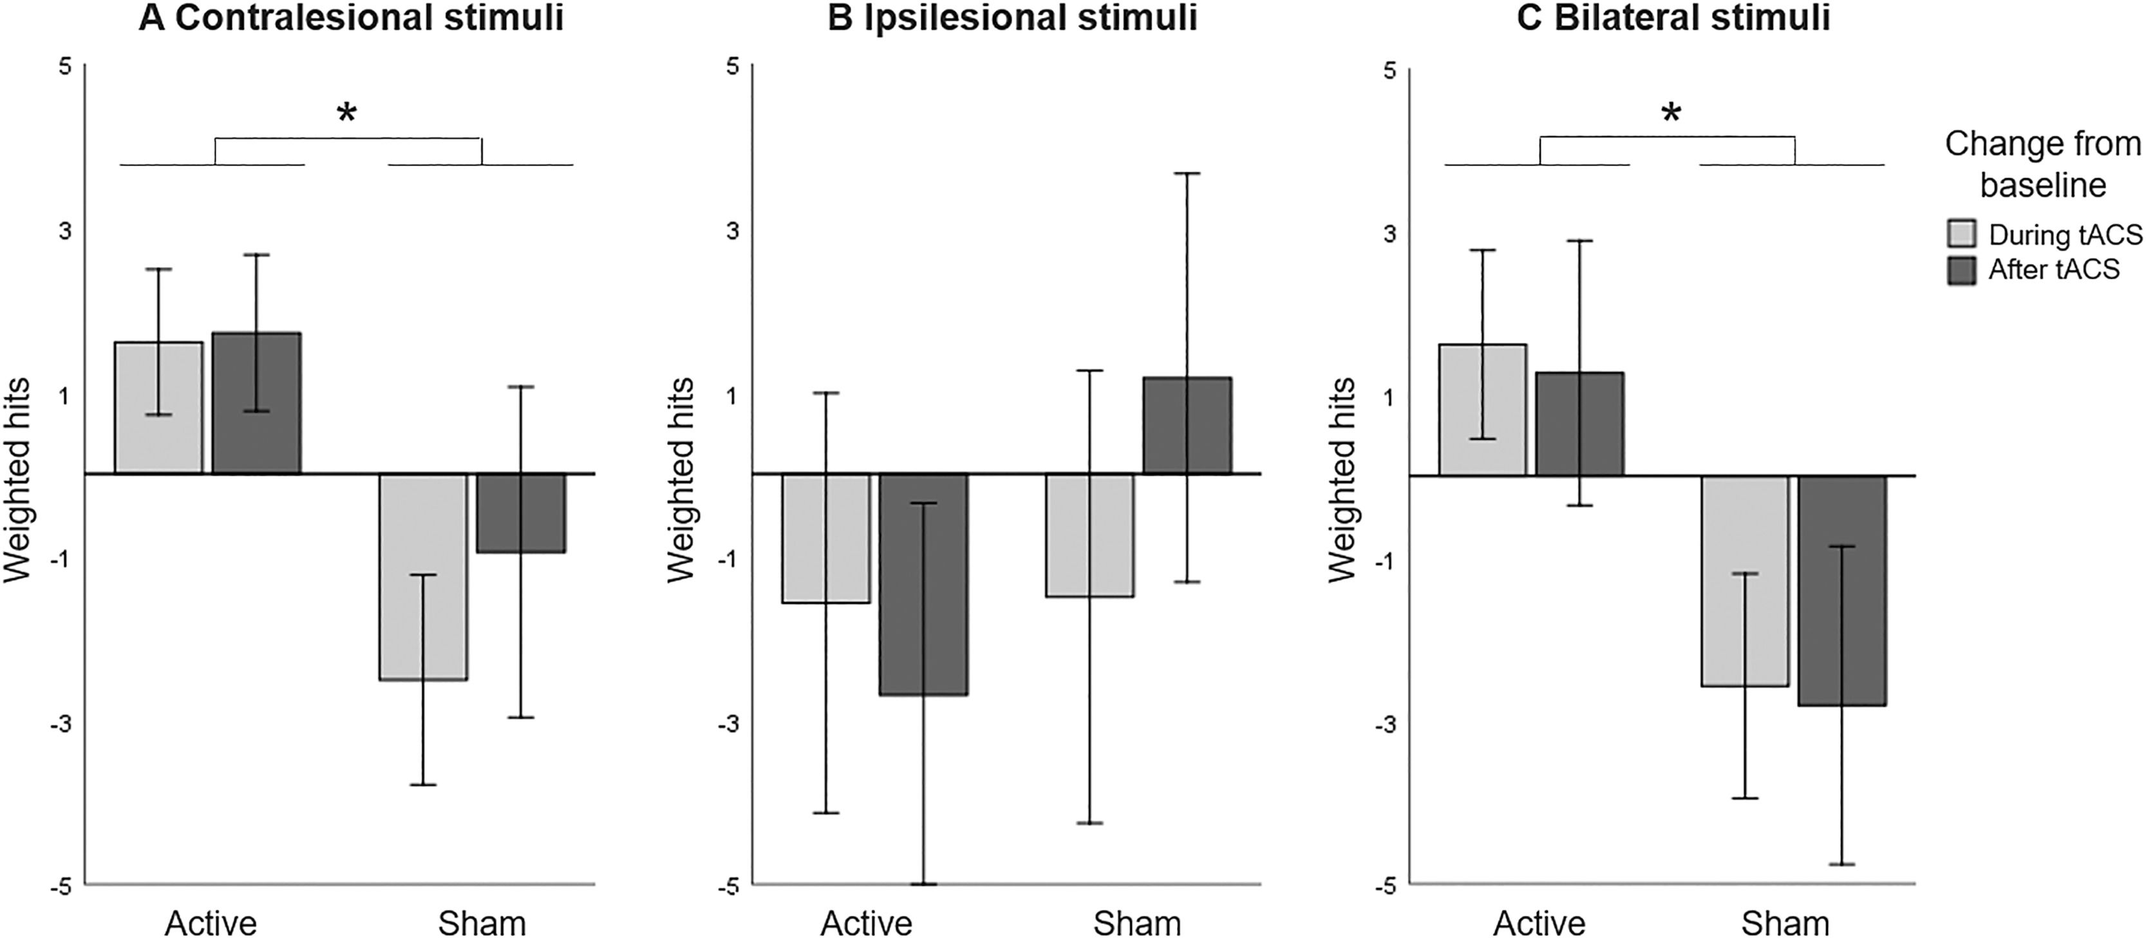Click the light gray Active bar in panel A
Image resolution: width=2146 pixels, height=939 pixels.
click(x=158, y=408)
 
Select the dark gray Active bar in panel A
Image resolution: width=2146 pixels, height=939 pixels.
click(x=257, y=403)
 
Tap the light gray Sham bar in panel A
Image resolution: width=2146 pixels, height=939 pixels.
click(x=423, y=576)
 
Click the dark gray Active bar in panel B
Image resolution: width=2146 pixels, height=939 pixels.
click(x=923, y=584)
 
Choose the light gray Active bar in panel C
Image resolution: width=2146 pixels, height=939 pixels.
click(x=1482, y=410)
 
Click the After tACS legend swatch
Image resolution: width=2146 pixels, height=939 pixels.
click(x=1962, y=270)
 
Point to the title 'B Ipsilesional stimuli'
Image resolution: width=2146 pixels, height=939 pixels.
click(x=1012, y=18)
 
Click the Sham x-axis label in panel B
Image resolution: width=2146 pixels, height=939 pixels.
click(x=1137, y=923)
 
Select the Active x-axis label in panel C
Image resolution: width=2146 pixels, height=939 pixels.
click(x=1539, y=923)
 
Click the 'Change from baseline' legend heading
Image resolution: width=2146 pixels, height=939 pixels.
click(x=2043, y=164)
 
